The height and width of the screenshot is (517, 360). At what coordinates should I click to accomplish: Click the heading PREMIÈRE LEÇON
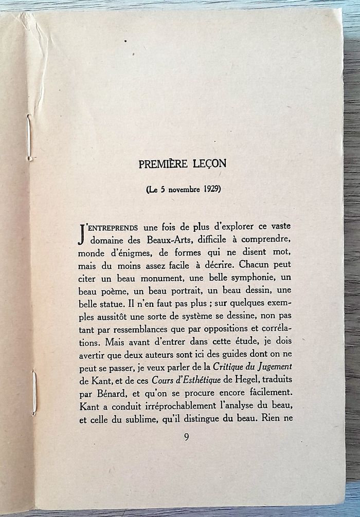coord(182,164)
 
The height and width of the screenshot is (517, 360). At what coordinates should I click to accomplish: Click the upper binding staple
coord(29,138)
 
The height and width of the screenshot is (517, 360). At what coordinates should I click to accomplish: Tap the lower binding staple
coord(34,393)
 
